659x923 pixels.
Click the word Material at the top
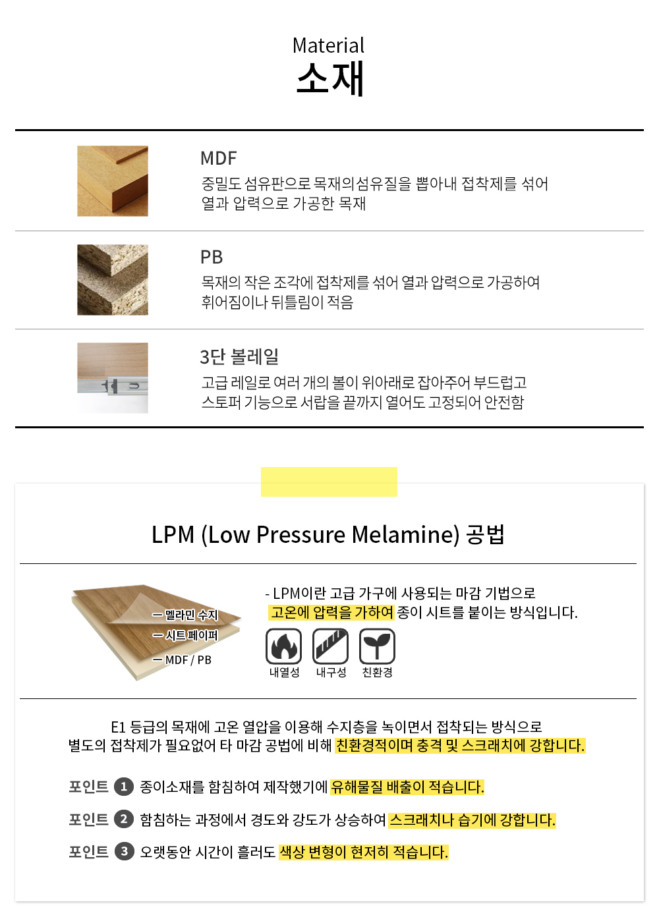pyautogui.click(x=328, y=45)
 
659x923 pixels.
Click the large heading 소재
pyautogui.click(x=330, y=78)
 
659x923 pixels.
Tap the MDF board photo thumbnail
pyautogui.click(x=113, y=181)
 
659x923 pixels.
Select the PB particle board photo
pyautogui.click(x=113, y=280)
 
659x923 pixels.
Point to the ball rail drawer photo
pyautogui.click(x=113, y=378)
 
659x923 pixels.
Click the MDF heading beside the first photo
pyautogui.click(x=218, y=158)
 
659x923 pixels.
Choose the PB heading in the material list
pyautogui.click(x=212, y=257)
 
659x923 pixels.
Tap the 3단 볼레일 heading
pyautogui.click(x=239, y=356)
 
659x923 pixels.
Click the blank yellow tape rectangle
pyautogui.click(x=329, y=482)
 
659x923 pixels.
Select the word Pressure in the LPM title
pyautogui.click(x=301, y=535)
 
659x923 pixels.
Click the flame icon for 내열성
pyautogui.click(x=283, y=646)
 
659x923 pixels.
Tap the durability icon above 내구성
pyautogui.click(x=330, y=646)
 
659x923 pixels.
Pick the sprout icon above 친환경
pyautogui.click(x=377, y=646)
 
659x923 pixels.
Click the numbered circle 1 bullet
pyautogui.click(x=124, y=787)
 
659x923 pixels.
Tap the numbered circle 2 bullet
pyautogui.click(x=124, y=819)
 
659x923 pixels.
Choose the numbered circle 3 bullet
pyautogui.click(x=124, y=852)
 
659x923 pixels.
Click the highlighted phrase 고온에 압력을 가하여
pyautogui.click(x=331, y=612)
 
